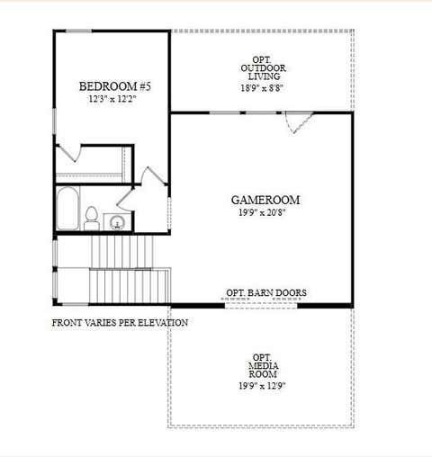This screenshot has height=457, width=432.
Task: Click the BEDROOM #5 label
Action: (x=115, y=86)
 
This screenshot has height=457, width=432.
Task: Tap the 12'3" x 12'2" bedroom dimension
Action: (x=112, y=99)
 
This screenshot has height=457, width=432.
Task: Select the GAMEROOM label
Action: (x=265, y=200)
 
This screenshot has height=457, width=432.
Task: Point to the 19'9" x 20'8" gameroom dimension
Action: (x=262, y=212)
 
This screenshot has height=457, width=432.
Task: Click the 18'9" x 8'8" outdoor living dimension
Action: (x=262, y=88)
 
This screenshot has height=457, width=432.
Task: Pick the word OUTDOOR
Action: (x=263, y=68)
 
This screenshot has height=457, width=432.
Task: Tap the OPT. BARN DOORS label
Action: (x=266, y=292)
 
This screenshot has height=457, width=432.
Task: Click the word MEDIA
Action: (x=264, y=366)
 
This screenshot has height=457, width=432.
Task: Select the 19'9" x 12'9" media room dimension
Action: (x=262, y=386)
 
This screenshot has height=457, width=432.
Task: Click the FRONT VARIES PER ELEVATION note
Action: (x=120, y=323)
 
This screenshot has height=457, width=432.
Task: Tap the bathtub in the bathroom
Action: (x=67, y=209)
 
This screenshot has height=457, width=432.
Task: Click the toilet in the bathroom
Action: (x=92, y=219)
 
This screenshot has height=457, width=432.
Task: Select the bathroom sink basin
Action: (x=117, y=222)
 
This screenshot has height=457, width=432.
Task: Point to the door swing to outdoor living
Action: (x=300, y=122)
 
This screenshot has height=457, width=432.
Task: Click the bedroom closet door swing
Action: (x=69, y=153)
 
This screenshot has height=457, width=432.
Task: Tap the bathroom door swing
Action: (x=125, y=199)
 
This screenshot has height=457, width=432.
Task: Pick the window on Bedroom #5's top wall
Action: (x=78, y=31)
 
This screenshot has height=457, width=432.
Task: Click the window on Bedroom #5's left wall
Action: (x=54, y=121)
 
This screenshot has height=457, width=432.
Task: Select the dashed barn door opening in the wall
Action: (x=261, y=306)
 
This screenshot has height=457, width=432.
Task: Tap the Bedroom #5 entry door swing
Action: (x=154, y=175)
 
